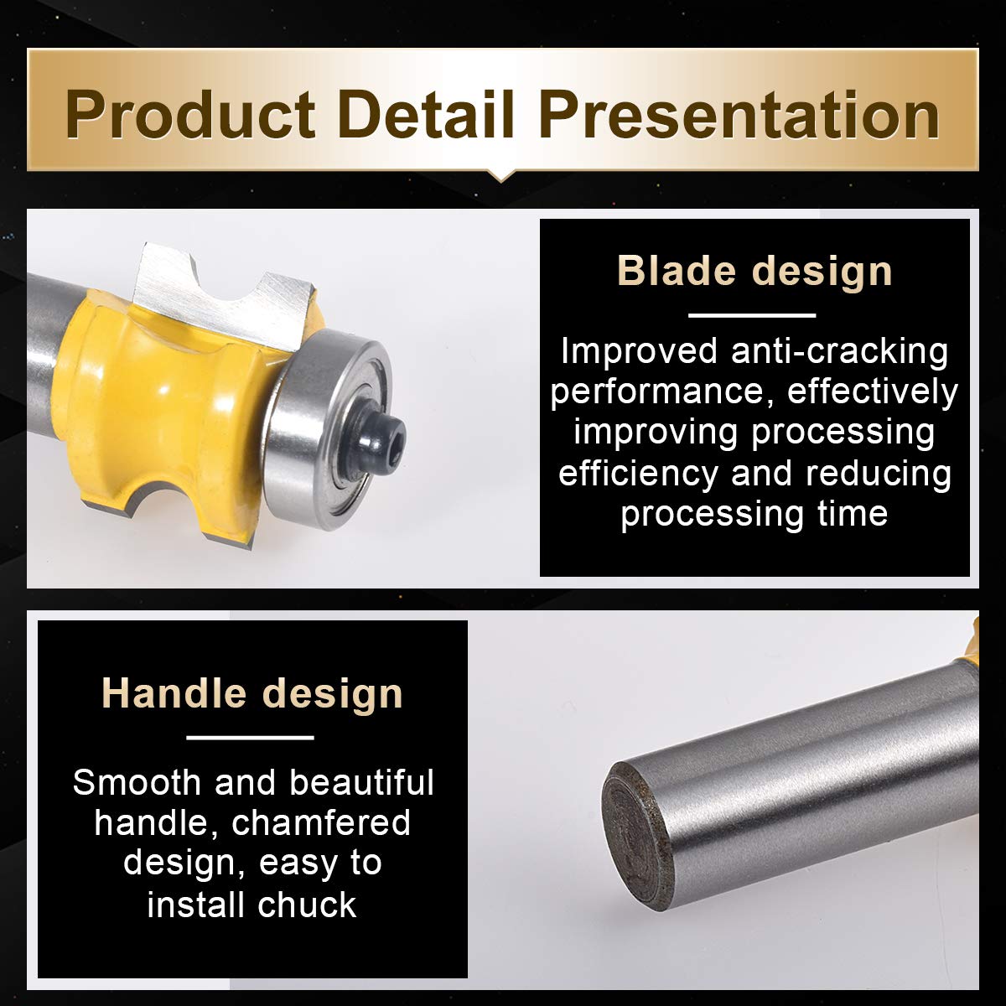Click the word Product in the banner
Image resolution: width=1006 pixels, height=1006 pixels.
click(x=190, y=115)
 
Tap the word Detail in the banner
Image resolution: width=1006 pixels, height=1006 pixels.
click(x=426, y=114)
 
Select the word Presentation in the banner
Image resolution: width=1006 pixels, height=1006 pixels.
click(x=739, y=115)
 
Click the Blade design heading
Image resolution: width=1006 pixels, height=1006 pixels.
click(x=754, y=271)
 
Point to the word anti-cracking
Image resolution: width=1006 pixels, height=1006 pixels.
click(x=839, y=350)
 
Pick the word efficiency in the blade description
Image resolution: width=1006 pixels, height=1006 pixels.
click(x=639, y=474)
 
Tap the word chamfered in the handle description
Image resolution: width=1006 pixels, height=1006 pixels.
click(x=321, y=822)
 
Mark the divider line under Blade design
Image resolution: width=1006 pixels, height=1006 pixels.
click(x=752, y=315)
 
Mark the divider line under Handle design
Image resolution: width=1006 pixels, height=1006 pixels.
click(x=250, y=738)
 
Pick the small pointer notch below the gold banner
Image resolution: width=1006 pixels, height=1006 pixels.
click(x=500, y=175)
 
